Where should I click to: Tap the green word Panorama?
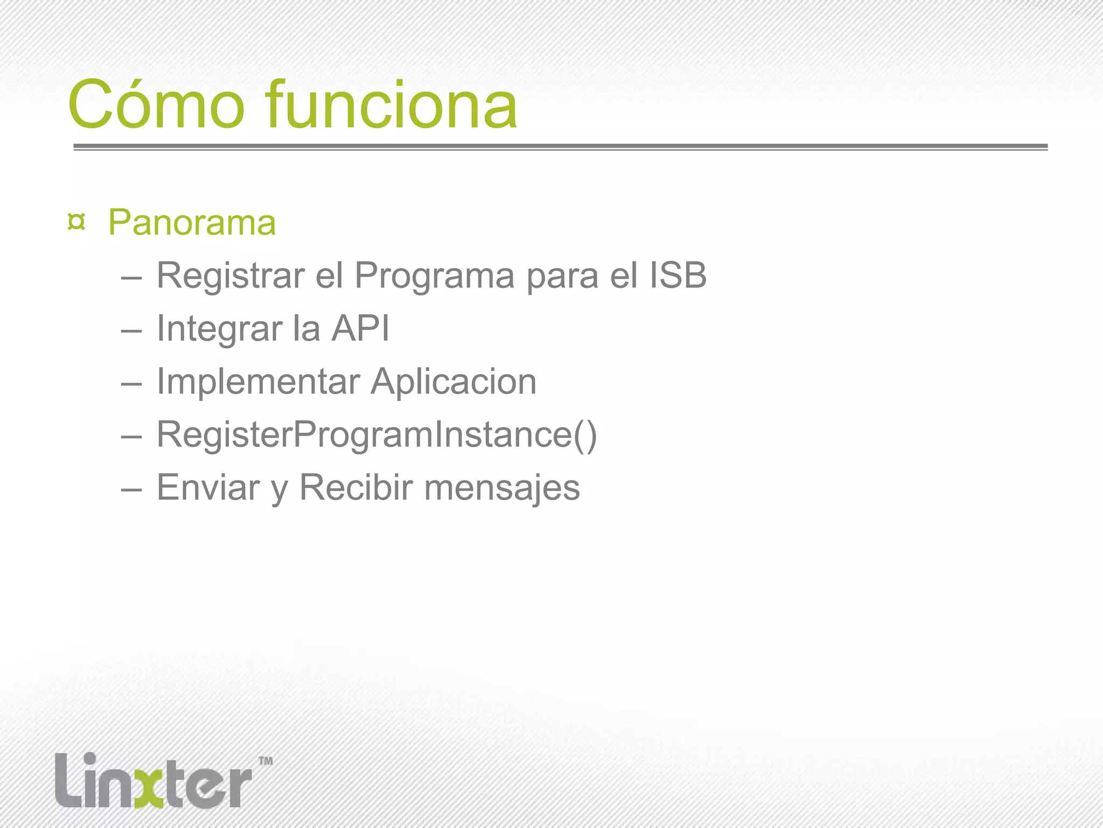coord(192,223)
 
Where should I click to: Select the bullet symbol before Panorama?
coord(77,222)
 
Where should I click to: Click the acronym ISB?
coord(678,275)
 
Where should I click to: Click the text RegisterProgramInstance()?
coord(376,434)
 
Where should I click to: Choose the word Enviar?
coord(208,487)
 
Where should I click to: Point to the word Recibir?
coord(356,487)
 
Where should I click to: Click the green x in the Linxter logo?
coord(148,784)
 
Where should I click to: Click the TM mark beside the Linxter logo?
coord(266,761)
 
